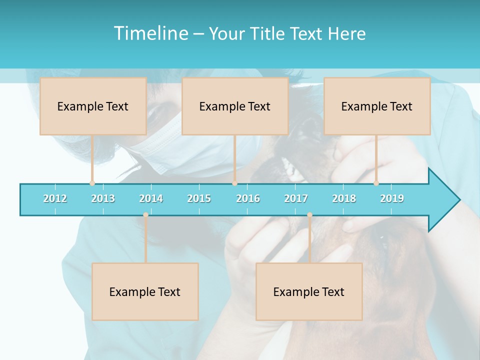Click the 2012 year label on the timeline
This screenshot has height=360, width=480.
click(x=55, y=198)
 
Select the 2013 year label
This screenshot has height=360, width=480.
click(x=103, y=198)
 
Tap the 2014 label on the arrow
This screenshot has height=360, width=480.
click(x=151, y=198)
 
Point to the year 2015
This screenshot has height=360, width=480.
click(x=199, y=198)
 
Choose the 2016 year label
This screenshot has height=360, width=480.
click(x=248, y=198)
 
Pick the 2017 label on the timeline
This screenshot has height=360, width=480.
click(x=296, y=198)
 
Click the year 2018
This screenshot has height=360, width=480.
click(x=344, y=198)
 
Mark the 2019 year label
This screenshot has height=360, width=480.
click(x=392, y=198)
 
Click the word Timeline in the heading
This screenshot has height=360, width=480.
click(x=150, y=33)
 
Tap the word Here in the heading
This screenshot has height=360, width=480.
click(x=346, y=33)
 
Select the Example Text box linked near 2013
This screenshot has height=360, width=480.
click(x=93, y=106)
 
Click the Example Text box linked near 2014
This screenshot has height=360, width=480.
click(x=145, y=291)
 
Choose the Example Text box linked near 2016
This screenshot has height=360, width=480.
click(x=235, y=106)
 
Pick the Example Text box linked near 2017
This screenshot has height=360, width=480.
click(x=309, y=291)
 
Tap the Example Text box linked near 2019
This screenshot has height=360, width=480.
click(x=377, y=106)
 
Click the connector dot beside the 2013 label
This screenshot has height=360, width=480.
click(x=92, y=183)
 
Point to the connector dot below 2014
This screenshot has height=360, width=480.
click(x=145, y=215)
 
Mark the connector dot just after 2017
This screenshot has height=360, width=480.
click(x=309, y=215)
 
